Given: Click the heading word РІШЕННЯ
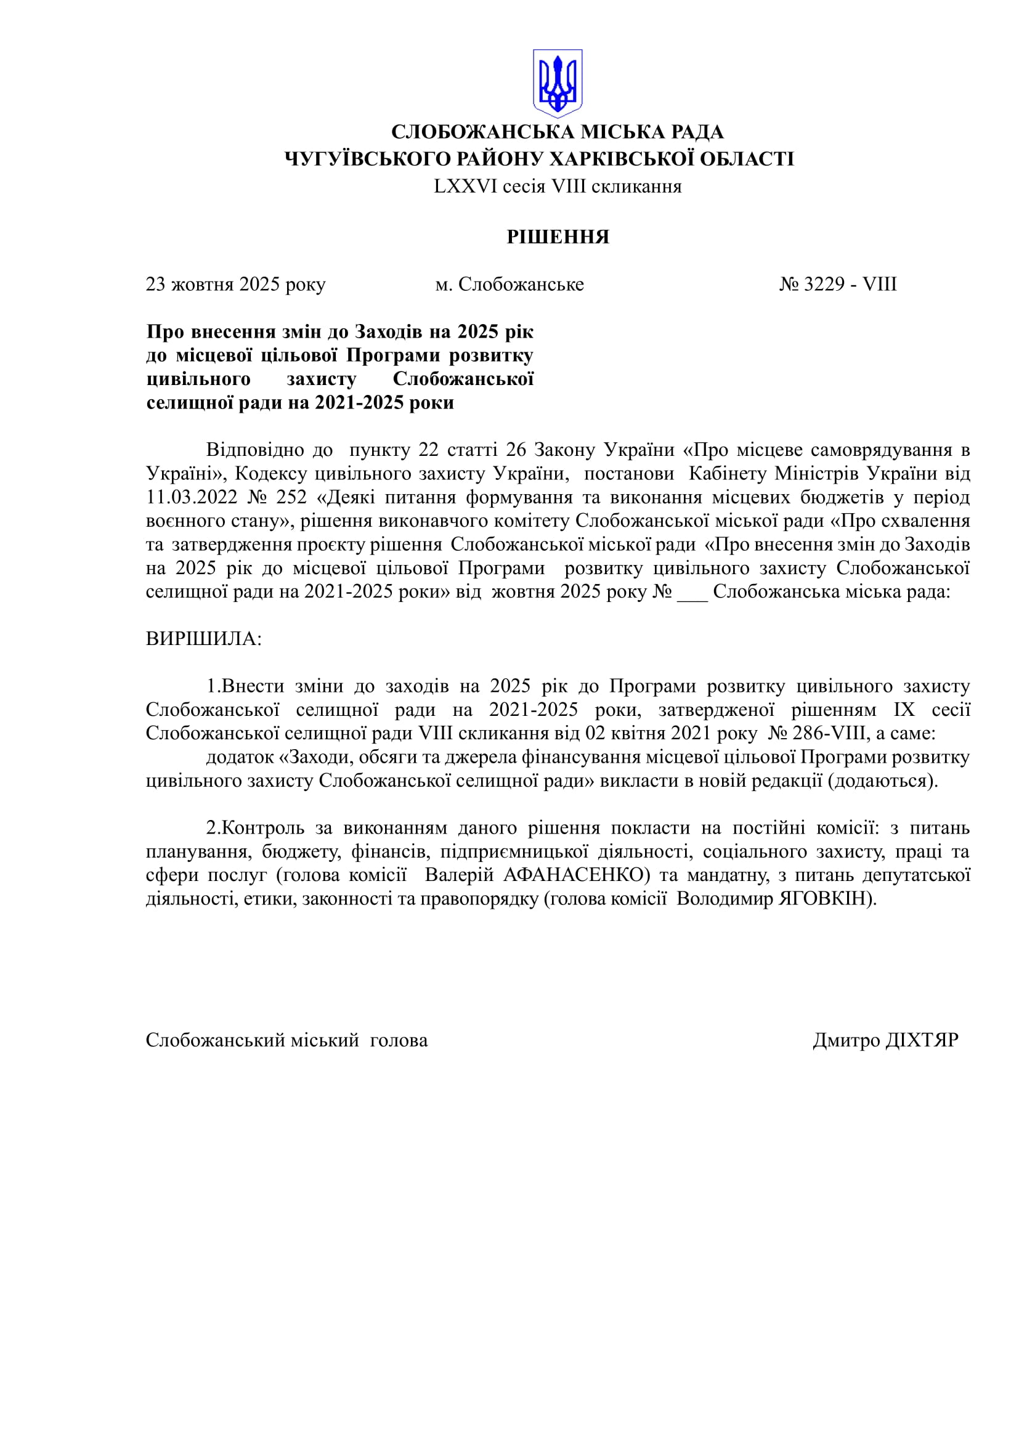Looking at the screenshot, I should pyautogui.click(x=558, y=237).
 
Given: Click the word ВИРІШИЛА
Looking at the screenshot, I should pyautogui.click(x=203, y=639).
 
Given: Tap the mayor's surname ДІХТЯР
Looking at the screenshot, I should pyautogui.click(x=922, y=1041).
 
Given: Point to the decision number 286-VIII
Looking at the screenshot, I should pyautogui.click(x=832, y=733).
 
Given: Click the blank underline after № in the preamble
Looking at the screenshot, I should pyautogui.click(x=692, y=592).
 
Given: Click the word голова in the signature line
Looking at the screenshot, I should pyautogui.click(x=399, y=1041).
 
